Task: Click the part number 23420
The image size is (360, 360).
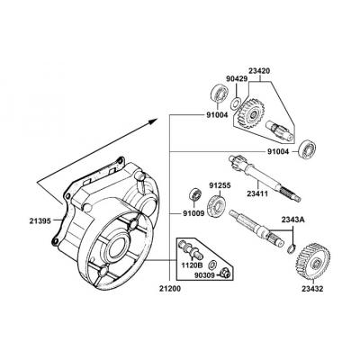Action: (259, 71)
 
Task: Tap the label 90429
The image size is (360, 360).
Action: (237, 79)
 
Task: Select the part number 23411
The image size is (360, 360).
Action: (257, 193)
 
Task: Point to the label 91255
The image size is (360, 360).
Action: (220, 185)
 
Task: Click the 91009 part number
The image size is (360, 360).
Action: (193, 213)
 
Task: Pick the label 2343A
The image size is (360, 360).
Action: (292, 220)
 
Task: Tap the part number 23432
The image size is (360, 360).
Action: (312, 289)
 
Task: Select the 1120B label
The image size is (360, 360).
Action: (192, 265)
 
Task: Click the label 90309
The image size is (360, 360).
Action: (204, 274)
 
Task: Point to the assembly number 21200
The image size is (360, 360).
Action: (170, 289)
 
